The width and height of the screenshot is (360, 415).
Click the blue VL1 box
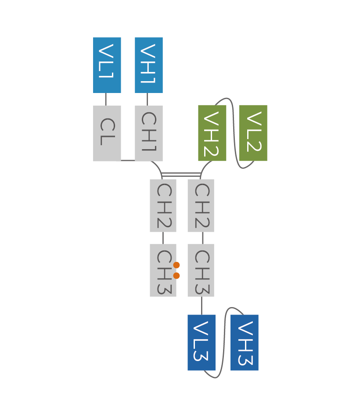tap(107, 65)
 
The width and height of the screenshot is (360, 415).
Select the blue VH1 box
tap(148, 65)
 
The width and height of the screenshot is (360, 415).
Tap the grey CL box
tap(107, 133)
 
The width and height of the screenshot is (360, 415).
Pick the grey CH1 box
tap(148, 133)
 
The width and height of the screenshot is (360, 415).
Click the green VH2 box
tap(212, 133)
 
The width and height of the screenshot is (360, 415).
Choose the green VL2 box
tap(253, 133)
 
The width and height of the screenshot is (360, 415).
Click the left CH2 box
tap(163, 205)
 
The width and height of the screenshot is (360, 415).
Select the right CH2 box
tap(201, 205)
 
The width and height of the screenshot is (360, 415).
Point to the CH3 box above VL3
tap(201, 270)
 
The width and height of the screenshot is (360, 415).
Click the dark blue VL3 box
tap(201, 343)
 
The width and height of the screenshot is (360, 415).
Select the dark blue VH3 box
tap(245, 343)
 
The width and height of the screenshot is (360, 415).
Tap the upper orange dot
tap(176, 265)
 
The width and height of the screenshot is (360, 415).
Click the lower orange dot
tap(176, 275)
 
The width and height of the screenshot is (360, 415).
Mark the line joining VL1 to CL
tap(106, 99)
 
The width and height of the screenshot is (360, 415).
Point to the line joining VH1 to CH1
tap(147, 99)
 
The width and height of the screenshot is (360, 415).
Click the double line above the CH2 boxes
tap(181, 175)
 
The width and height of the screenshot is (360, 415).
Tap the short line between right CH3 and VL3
tap(202, 306)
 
